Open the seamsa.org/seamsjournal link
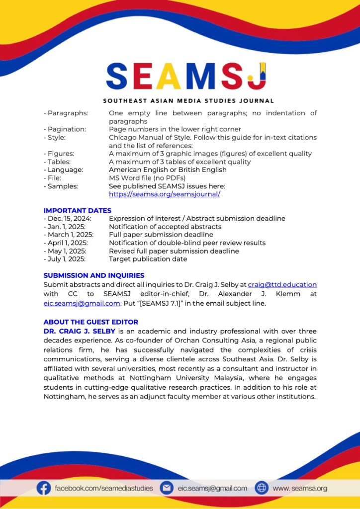coord(164,194)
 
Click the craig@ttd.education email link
coord(282,285)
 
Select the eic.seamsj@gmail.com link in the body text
coord(82,303)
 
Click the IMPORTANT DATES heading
coord(77,210)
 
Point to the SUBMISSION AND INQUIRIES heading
coord(93,275)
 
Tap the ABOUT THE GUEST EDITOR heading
coord(90,322)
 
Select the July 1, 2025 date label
coord(67,259)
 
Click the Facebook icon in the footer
coord(44,488)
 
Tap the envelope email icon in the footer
coord(167,488)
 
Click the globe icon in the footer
coord(261,488)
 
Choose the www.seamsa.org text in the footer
coord(300,488)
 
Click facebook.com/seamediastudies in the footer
coord(103,488)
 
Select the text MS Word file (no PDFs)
coord(147,178)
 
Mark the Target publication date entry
coord(148,259)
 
